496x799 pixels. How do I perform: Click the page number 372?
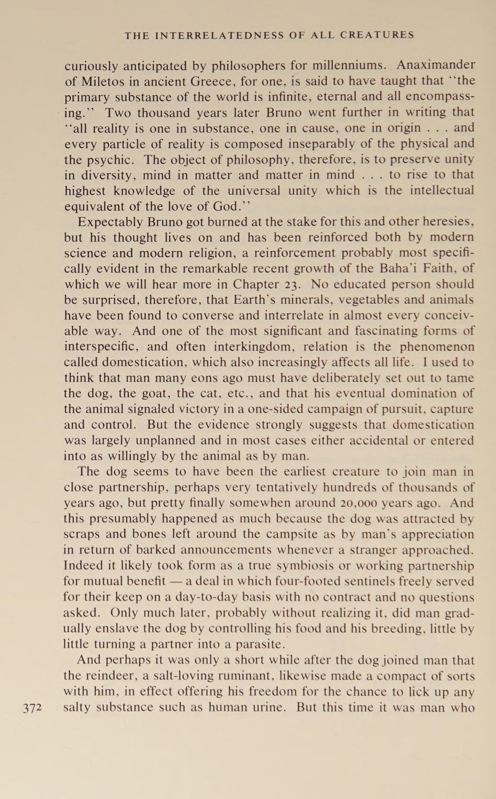[x=32, y=708]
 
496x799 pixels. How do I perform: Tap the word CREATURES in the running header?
[x=377, y=36]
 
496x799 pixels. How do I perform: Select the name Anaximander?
[x=435, y=65]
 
